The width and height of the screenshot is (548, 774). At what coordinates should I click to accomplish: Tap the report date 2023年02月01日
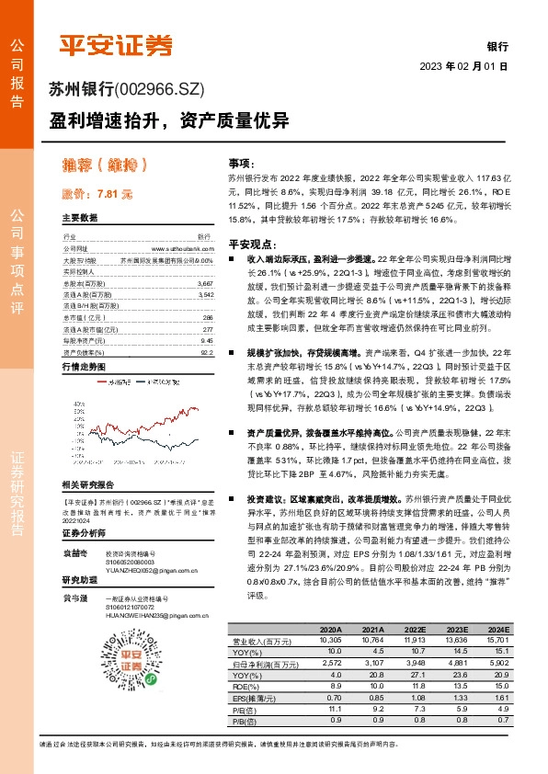pos(464,67)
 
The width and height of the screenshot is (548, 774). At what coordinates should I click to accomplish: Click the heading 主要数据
pos(80,219)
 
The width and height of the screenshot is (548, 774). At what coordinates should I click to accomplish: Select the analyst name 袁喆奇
pos(74,554)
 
